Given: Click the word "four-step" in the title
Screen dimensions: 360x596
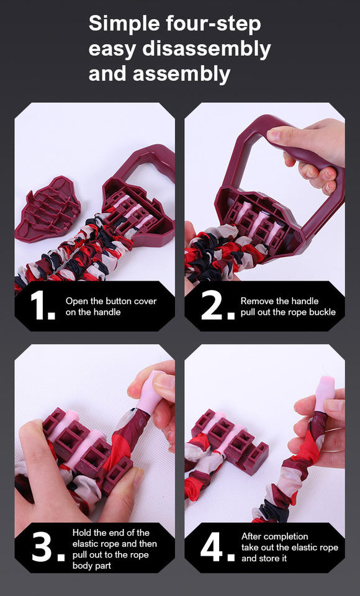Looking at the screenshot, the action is coord(214,25).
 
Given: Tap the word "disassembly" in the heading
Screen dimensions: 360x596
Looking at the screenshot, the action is coord(207,49).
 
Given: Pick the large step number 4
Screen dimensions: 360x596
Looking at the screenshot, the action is coord(216,548).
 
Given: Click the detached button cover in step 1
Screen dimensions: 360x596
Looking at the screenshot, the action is coord(48,209).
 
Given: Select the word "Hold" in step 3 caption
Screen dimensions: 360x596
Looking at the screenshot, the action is coord(81,533).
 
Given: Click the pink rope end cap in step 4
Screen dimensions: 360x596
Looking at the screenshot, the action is coord(323,393).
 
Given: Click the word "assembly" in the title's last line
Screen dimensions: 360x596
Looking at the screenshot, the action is coord(181,74).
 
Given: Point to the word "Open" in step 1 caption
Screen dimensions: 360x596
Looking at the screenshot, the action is coord(77,302).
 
